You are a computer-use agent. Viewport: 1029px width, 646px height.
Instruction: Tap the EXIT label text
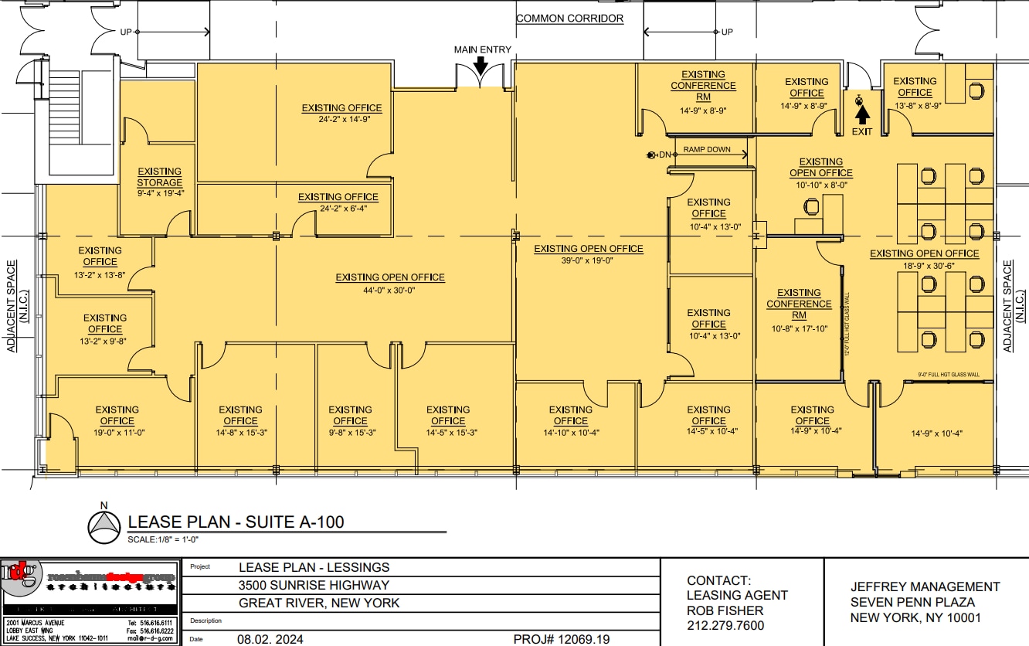[862, 131]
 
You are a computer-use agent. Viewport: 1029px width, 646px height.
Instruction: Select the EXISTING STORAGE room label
[160, 177]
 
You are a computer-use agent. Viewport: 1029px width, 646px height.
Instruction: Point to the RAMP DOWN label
[707, 150]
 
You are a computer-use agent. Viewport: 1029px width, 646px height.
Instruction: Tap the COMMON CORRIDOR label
[569, 19]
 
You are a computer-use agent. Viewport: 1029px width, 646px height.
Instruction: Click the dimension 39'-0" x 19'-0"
[589, 261]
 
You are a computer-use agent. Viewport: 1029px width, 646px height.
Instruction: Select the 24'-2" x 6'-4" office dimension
[338, 208]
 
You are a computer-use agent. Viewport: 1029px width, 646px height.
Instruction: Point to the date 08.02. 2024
[270, 639]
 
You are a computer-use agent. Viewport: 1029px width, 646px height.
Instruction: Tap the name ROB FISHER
[725, 610]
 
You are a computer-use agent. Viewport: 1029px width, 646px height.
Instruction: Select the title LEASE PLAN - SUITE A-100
[236, 522]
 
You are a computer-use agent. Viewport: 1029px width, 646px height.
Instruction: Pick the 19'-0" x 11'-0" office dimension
[117, 433]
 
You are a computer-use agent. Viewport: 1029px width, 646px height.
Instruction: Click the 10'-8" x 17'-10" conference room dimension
[799, 328]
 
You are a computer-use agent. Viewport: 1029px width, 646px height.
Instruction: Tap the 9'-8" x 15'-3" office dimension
[350, 433]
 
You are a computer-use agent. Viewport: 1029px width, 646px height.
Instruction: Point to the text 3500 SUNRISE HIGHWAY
[314, 585]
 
